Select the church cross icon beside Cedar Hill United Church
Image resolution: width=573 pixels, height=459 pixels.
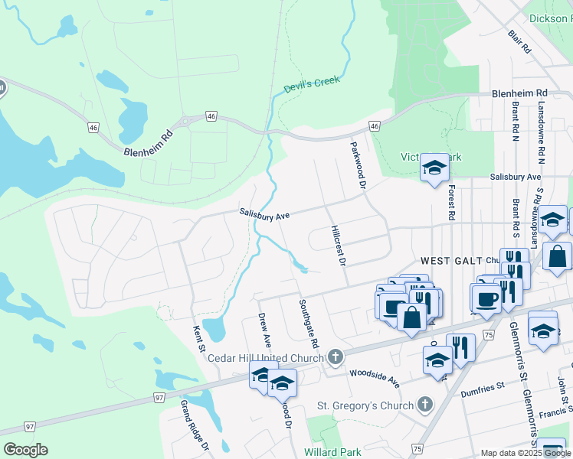(x=335, y=356)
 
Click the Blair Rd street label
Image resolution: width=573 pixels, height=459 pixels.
(x=519, y=41)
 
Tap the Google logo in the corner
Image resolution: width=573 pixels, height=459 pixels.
(x=25, y=450)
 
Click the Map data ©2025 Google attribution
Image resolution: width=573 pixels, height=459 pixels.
(x=525, y=453)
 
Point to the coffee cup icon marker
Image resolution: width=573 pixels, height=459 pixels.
(x=485, y=296)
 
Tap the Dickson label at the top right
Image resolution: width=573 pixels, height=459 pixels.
(x=550, y=17)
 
